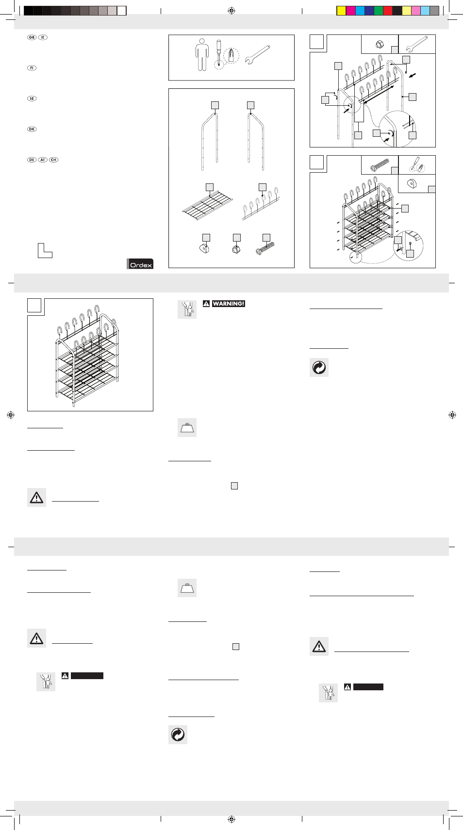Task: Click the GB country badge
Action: (x=32, y=37)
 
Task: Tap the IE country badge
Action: (x=43, y=37)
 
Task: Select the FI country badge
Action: (x=32, y=68)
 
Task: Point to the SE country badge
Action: (x=32, y=98)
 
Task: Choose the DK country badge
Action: (x=32, y=130)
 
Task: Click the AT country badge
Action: (x=43, y=160)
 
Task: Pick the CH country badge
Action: (x=54, y=160)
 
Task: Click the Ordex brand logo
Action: (x=140, y=264)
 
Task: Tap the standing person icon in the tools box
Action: (x=202, y=55)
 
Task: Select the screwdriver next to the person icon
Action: (x=219, y=53)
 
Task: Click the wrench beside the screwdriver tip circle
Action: (x=257, y=55)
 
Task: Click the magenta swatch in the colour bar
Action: (x=350, y=11)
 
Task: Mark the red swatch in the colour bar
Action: (x=388, y=11)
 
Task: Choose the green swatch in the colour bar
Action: (x=379, y=11)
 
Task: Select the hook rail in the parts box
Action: (x=261, y=204)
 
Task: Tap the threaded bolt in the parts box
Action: (x=265, y=248)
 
